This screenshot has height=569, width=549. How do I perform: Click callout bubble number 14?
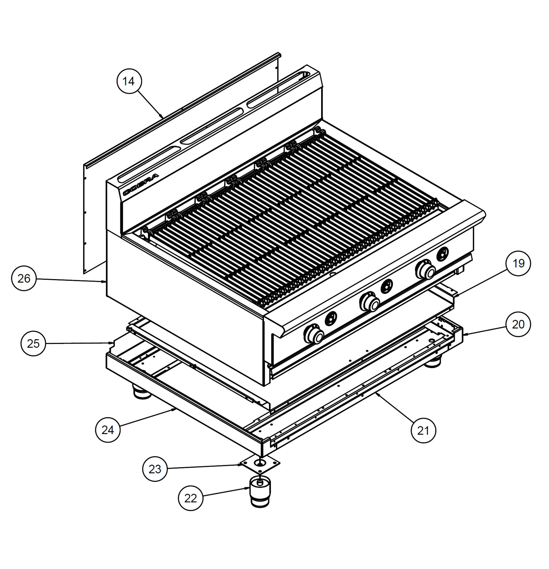pos(128,81)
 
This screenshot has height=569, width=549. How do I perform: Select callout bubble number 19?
pos(518,263)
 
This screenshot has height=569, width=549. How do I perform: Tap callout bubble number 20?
pos(518,324)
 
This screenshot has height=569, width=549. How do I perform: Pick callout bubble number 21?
pos(423,431)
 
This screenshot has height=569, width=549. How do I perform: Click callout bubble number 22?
pos(191,498)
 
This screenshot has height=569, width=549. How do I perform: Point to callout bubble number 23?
pos(155,469)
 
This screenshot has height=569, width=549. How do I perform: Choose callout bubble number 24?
pos(108,430)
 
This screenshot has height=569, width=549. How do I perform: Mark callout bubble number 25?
pos(33,344)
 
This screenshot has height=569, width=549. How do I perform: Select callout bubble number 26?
pos(24,279)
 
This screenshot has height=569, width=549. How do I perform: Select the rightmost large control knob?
pos(425,269)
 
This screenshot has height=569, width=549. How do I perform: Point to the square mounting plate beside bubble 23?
pos(260,463)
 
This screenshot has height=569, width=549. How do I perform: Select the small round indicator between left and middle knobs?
pos(331,318)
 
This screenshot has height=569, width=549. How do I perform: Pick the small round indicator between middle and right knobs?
pos(387,286)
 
